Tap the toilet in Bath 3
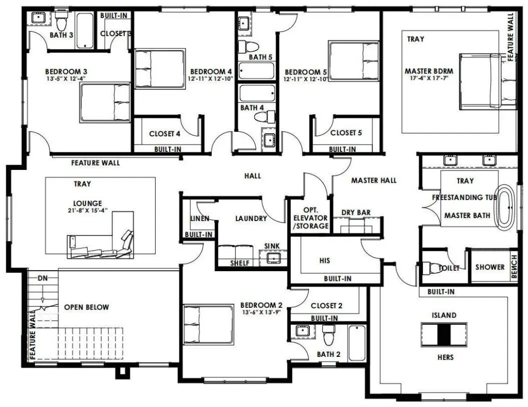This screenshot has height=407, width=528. (61, 21)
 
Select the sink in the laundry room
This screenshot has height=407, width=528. (273, 258)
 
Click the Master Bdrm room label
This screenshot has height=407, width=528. (428, 71)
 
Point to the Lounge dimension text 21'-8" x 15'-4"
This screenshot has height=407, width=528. (88, 210)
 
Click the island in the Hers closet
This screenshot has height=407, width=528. (444, 335)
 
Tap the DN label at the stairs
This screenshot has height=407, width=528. (43, 278)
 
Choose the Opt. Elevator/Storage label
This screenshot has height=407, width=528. (310, 218)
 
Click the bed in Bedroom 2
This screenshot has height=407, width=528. (208, 325)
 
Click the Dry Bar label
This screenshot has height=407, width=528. (356, 212)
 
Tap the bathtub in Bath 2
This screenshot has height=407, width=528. (357, 343)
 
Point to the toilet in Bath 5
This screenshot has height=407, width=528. (248, 46)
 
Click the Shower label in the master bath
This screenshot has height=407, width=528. (490, 267)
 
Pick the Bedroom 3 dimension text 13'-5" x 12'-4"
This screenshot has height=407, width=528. (67, 79)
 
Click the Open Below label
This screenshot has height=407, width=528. (87, 307)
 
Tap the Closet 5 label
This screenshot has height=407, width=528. (346, 133)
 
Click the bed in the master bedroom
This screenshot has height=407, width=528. (488, 81)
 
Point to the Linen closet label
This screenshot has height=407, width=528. (200, 218)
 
